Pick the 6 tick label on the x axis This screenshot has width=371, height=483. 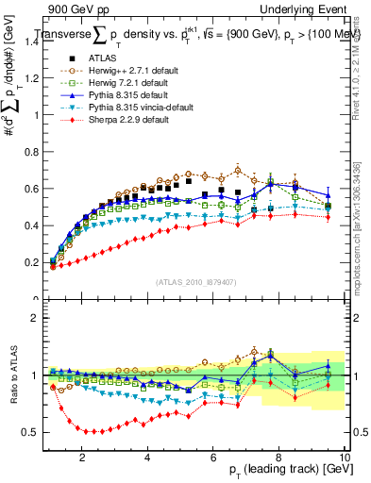(213, 457)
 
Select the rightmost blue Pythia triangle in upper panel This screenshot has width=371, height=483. (328, 195)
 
